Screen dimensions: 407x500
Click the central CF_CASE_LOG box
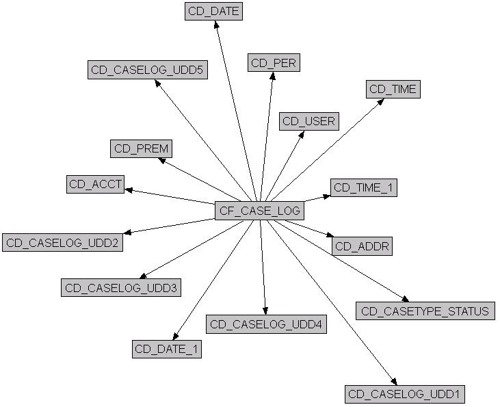click(x=259, y=211)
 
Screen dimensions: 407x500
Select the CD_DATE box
click(x=213, y=12)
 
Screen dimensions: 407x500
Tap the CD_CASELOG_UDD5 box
click(x=147, y=70)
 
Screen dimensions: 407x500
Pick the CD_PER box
click(x=274, y=63)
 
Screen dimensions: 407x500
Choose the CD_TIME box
click(x=393, y=89)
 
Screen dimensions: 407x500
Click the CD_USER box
click(x=309, y=122)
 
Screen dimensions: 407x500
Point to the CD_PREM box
click(x=141, y=148)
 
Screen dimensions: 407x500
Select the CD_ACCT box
click(x=95, y=184)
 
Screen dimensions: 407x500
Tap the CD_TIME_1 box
click(x=363, y=187)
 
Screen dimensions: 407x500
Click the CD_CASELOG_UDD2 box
click(x=62, y=243)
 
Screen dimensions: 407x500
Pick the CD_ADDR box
click(x=363, y=246)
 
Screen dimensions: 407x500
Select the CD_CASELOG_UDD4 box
click(x=266, y=324)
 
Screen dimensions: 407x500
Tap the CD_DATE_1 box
click(x=167, y=349)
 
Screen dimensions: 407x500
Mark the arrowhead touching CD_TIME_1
click(x=326, y=196)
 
